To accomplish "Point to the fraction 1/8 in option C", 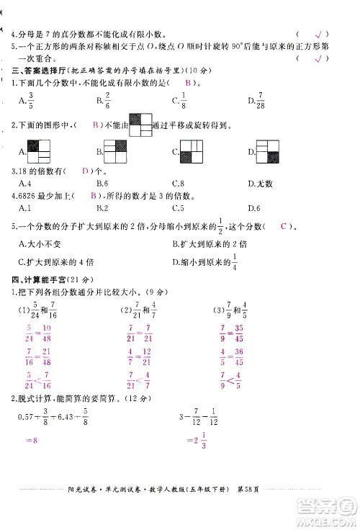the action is point(184,101).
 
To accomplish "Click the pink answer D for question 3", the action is point(86,171).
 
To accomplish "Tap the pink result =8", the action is point(32,458).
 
